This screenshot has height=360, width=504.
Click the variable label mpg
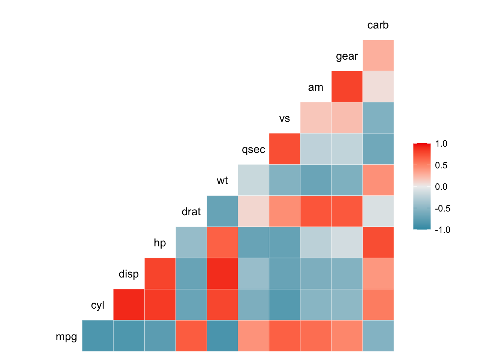(66, 337)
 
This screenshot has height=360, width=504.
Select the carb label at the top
(378, 25)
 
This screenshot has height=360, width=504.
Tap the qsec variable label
(253, 150)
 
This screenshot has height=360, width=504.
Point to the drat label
(191, 212)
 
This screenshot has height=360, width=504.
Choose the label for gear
(347, 56)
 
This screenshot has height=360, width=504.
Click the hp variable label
(160, 243)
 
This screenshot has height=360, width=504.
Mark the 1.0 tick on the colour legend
(441, 144)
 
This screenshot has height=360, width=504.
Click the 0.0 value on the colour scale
(441, 187)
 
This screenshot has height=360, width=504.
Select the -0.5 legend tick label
(442, 208)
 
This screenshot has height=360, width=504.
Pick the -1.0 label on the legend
(442, 230)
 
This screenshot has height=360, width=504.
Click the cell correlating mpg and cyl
(97, 336)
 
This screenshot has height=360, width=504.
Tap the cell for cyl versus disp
(129, 304)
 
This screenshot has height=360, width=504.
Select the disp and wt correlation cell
(222, 273)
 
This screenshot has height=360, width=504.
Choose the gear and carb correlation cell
(378, 55)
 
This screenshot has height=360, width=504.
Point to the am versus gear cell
(347, 86)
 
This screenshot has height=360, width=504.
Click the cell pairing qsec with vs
(285, 148)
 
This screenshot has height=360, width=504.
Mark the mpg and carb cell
(378, 336)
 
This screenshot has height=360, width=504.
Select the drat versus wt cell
(222, 211)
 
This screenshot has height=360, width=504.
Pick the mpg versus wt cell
(222, 336)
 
